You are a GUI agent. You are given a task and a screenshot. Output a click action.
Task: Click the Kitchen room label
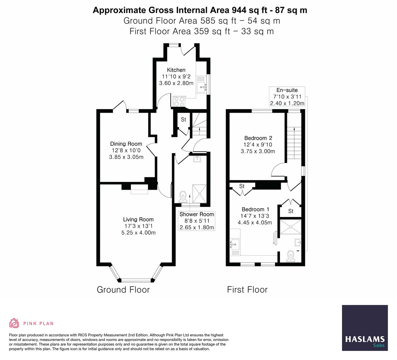pyautogui.click(x=176, y=70)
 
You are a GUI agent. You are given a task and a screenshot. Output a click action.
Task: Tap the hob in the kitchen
pyautogui.click(x=179, y=101)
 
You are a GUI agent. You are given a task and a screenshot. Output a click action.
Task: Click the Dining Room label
pyautogui.click(x=126, y=144)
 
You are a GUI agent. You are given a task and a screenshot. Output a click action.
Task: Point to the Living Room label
pyautogui.click(x=138, y=219)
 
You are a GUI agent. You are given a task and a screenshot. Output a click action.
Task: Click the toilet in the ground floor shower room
pyautogui.click(x=182, y=196)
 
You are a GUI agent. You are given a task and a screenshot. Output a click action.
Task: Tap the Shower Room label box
pyautogui.click(x=197, y=221)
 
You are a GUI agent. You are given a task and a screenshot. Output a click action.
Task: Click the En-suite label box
pyautogui.click(x=287, y=97)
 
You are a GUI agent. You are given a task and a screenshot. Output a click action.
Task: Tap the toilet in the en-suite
pyautogui.click(x=291, y=256)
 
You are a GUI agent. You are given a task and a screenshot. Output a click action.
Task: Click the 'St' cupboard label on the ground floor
pyautogui.click(x=183, y=120)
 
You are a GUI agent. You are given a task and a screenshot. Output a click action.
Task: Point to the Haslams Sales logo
pyautogui.click(x=365, y=328)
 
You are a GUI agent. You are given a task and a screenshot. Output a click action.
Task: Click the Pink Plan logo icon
pyautogui.click(x=14, y=323)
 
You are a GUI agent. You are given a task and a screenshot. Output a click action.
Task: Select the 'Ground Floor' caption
pyautogui.click(x=123, y=290)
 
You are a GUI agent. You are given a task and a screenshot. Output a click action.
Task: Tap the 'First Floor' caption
pyautogui.click(x=247, y=290)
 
